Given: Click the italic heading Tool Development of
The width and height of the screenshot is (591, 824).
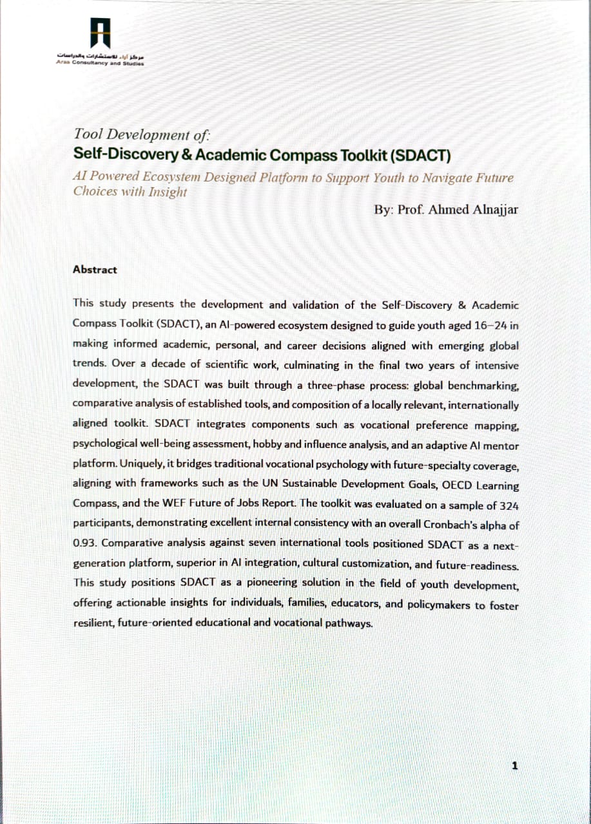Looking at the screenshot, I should click(142, 135).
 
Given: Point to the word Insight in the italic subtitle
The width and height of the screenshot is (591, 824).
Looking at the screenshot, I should click(167, 191).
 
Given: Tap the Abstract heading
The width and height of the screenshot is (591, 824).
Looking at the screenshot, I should click(95, 270).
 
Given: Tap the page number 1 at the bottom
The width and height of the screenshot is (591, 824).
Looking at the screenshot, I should click(514, 765).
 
